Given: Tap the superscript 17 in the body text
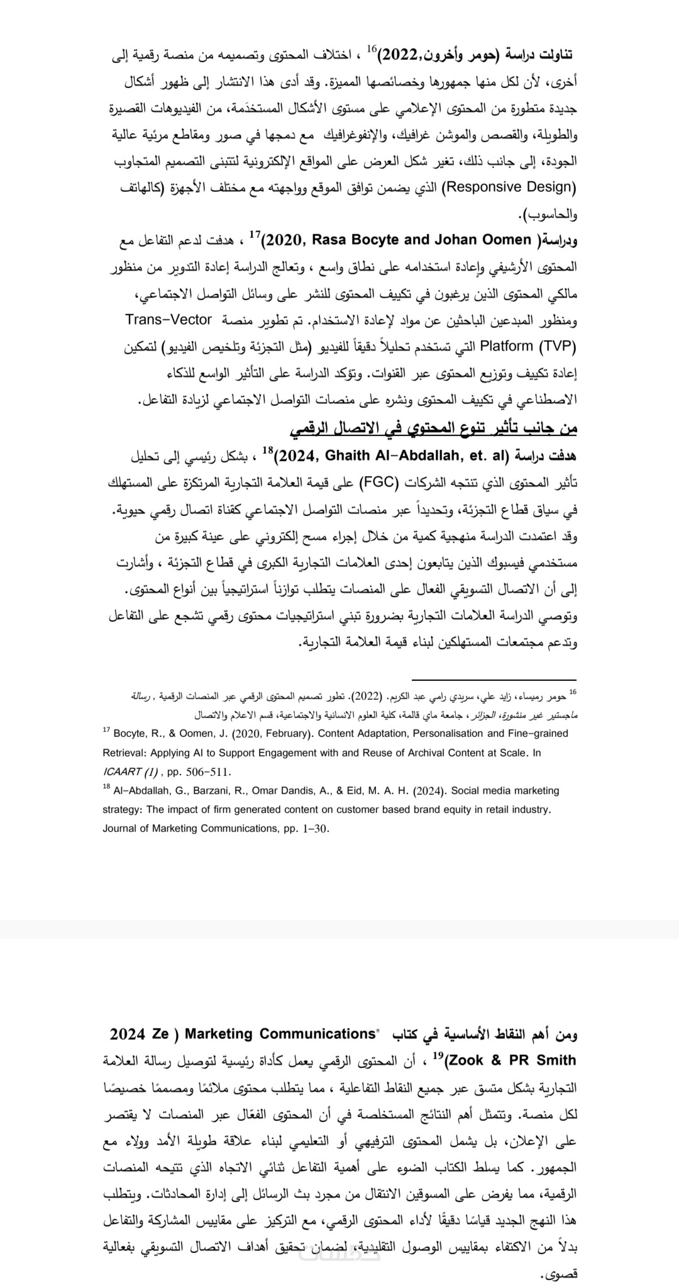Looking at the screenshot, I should click(x=255, y=235).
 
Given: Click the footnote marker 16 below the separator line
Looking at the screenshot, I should click(x=572, y=692).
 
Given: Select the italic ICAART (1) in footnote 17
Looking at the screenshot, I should click(x=130, y=772).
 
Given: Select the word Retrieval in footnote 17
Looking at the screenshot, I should click(x=123, y=752).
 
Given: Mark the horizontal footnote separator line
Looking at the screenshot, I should click(x=494, y=680).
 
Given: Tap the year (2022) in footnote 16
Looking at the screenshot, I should click(x=366, y=697).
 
